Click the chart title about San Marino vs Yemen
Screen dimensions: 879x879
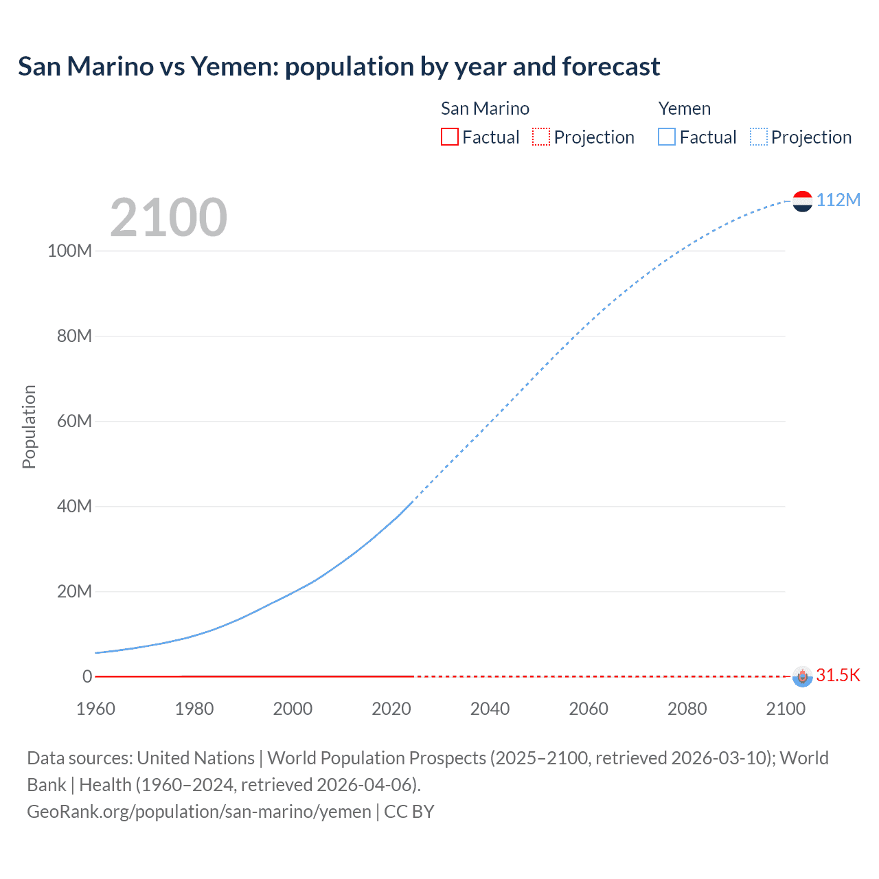pos(339,67)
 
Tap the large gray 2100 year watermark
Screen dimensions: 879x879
pos(168,218)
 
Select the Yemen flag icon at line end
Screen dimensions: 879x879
pos(802,201)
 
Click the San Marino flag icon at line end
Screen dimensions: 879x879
pos(802,676)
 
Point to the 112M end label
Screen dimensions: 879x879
pos(838,200)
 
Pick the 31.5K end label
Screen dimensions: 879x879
pos(838,675)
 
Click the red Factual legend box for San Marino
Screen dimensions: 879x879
pos(449,137)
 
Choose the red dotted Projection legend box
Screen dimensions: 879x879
pos(541,137)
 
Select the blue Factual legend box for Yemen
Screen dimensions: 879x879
pos(666,137)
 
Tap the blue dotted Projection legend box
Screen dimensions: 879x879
pos(758,137)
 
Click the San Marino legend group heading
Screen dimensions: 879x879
pos(485,109)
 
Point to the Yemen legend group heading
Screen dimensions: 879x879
pos(684,109)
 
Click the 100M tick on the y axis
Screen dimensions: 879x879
pos(69,251)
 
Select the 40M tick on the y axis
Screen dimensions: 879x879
pos(73,506)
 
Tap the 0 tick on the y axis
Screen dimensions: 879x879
pos(87,676)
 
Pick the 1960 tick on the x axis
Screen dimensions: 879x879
pos(95,709)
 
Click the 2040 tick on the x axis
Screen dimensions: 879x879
pos(490,709)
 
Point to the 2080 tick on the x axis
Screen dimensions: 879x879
pos(687,709)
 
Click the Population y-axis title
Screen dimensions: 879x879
pos(29,426)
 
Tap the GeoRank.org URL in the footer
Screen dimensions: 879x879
pos(198,812)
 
